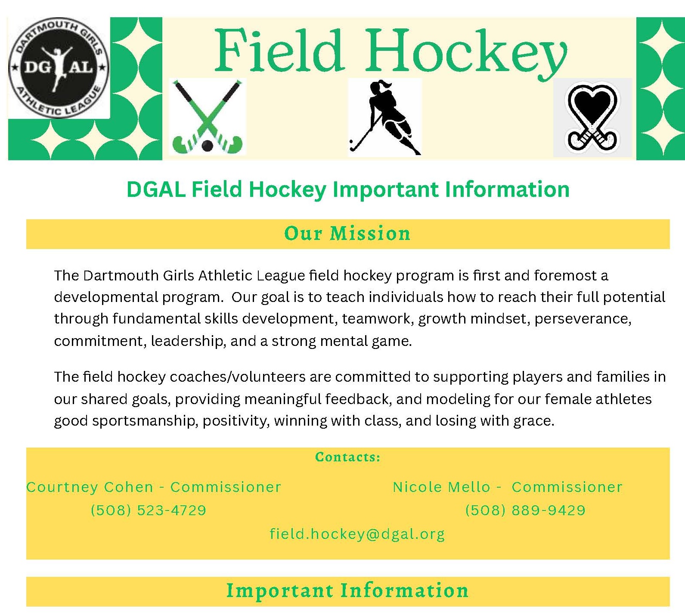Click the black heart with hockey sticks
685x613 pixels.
(592, 117)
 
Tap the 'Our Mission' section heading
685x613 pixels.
(347, 233)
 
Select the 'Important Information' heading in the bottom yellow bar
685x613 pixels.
(347, 591)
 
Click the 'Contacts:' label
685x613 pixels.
(348, 457)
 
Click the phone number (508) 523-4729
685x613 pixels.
(149, 510)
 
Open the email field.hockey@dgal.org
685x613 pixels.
(357, 534)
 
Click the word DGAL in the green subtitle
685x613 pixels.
(156, 190)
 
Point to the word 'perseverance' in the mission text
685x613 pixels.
(583, 319)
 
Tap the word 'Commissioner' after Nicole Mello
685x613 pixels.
(567, 487)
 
